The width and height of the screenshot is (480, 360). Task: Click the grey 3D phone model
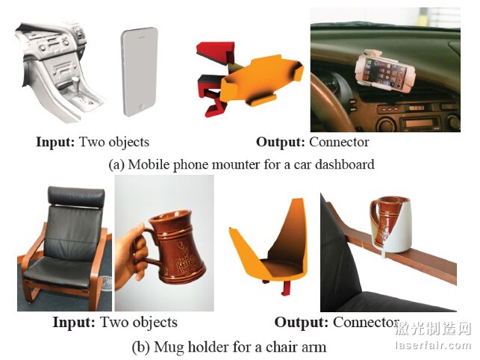pos(140,72)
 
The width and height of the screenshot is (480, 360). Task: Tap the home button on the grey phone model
pos(142,107)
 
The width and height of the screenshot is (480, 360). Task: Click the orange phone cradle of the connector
pos(261,81)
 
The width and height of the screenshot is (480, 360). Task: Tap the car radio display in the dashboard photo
pos(417,123)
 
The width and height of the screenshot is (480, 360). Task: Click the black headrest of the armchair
pos(76,196)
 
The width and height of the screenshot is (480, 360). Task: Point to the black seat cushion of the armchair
pos(60,270)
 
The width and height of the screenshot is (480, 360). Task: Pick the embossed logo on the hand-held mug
pos(186,258)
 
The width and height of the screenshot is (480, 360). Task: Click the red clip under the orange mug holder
pos(287,289)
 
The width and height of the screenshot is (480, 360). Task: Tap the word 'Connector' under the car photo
pos(339,142)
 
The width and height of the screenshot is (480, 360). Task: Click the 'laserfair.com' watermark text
pos(432,346)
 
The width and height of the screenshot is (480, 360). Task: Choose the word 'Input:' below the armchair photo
pos(73,323)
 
